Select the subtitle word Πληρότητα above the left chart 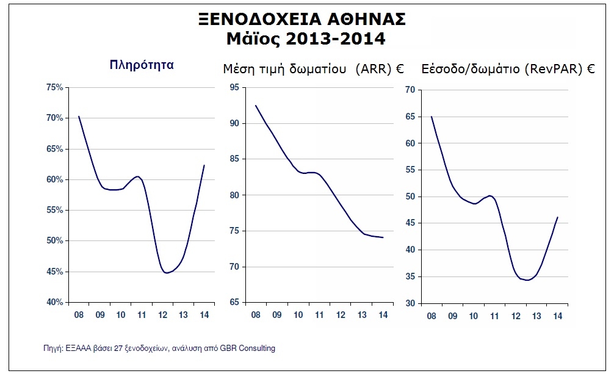click(142, 64)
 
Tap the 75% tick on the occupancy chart click(55, 88)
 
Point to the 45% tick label click(55, 272)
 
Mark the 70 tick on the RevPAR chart click(410, 90)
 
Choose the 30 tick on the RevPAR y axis click(410, 303)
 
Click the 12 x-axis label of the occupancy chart click(162, 314)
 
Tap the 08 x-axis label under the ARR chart click(255, 314)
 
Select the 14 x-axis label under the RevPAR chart click(557, 316)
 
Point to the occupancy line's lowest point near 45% click(167, 273)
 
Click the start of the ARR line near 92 click(255, 106)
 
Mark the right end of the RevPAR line click(557, 217)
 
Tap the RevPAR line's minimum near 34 click(527, 280)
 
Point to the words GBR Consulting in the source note click(250, 348)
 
